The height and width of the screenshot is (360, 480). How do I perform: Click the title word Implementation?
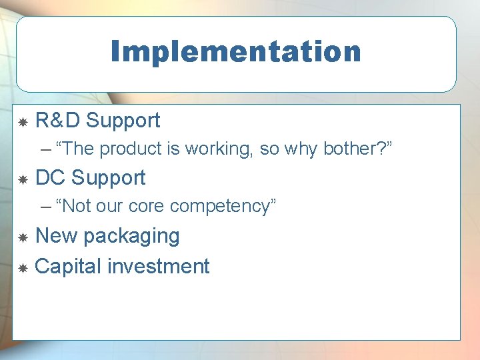[236, 51]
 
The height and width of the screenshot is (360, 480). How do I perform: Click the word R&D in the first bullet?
[57, 121]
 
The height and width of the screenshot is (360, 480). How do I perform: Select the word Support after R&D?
[123, 121]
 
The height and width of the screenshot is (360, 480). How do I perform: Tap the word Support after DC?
[108, 178]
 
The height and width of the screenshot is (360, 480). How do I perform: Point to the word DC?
[50, 178]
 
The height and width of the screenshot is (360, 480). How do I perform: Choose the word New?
[56, 236]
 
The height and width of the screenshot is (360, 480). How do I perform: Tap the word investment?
[159, 267]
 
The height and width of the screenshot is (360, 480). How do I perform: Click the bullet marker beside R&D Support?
[22, 122]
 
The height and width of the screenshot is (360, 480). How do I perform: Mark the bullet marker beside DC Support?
[22, 179]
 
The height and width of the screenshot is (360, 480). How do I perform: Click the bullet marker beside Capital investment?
[22, 268]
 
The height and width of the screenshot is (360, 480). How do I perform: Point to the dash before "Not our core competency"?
[45, 207]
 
